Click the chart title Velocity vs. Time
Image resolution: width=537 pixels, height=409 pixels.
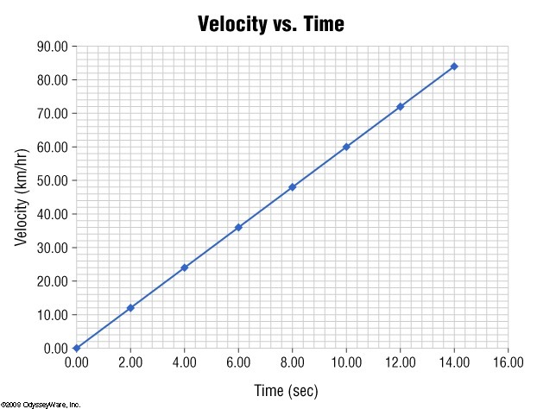coord(270,23)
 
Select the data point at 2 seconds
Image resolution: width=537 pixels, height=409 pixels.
coord(130,308)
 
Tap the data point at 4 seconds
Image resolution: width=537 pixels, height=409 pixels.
coord(185,267)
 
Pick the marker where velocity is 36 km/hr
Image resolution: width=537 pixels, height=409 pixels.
coord(238,227)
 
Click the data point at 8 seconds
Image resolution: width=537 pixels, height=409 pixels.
coord(292,186)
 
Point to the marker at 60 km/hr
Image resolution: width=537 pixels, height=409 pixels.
coord(346,147)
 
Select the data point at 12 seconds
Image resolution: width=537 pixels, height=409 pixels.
coord(400,106)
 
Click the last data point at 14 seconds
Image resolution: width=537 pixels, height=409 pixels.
coord(454,66)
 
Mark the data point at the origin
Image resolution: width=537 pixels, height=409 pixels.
coord(77,348)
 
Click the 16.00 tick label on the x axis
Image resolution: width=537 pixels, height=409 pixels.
coord(508,363)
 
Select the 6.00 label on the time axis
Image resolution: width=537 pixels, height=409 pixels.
coord(238,363)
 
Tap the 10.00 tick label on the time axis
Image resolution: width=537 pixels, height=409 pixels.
coord(346,363)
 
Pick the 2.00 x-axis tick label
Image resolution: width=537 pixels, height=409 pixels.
coord(130,363)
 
